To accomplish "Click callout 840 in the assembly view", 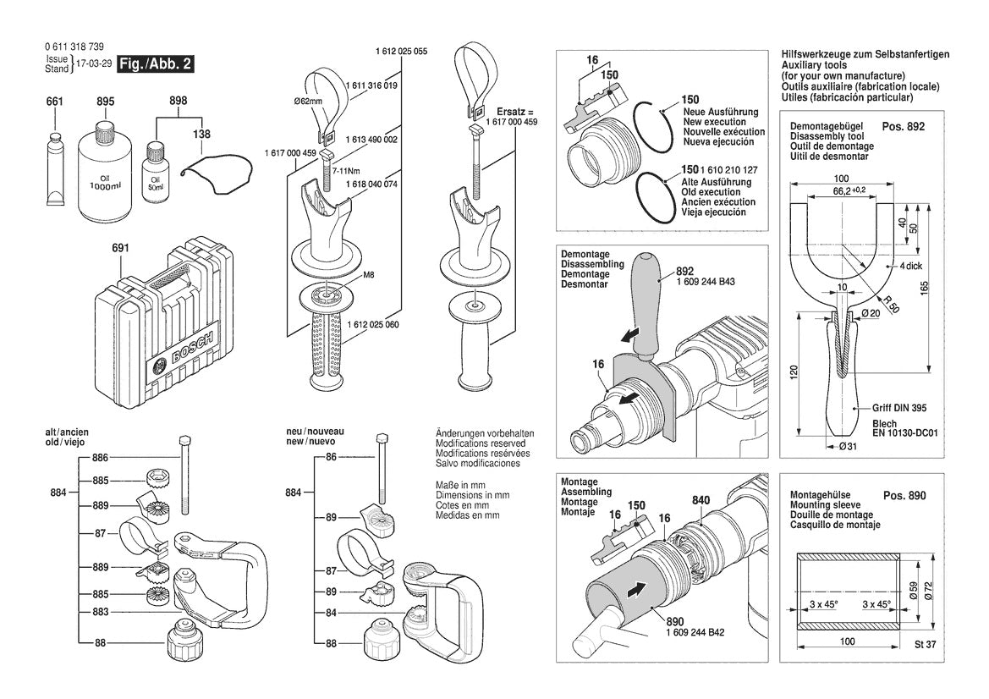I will pyautogui.click(x=701, y=499).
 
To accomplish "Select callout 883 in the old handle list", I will pyautogui.click(x=100, y=610).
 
